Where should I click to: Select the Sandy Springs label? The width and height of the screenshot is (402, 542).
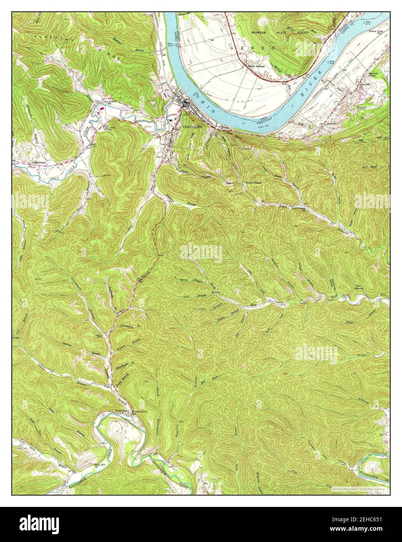coord(256,66)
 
